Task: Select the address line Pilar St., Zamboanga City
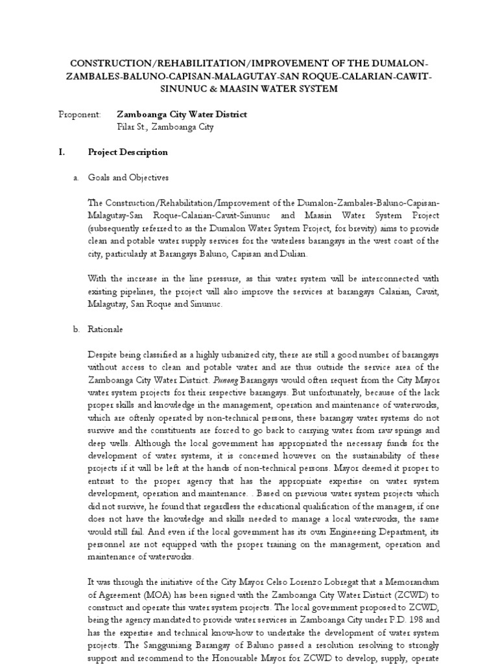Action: [x=165, y=127]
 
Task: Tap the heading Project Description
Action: [x=128, y=152]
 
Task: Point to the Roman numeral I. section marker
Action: [x=62, y=152]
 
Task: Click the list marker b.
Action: [x=76, y=330]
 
